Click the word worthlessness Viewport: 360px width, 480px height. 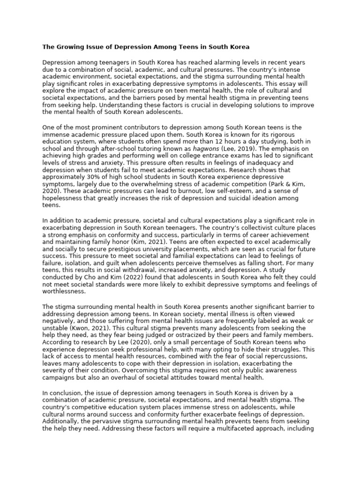pyautogui.click(x=64, y=291)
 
